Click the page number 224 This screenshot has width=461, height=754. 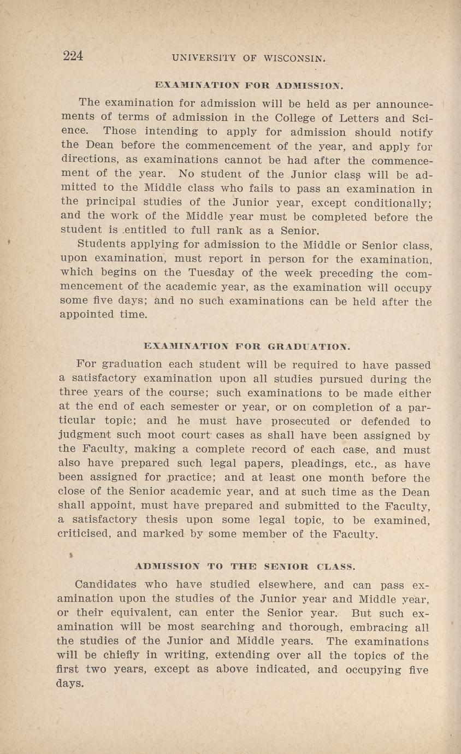tap(73, 56)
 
